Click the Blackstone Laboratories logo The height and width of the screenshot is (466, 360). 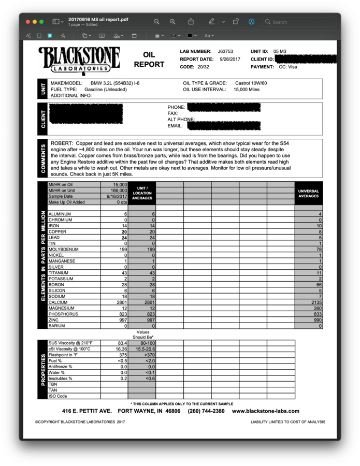(x=79, y=60)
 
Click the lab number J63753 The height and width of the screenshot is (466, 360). (x=225, y=52)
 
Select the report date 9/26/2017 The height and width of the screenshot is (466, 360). (x=229, y=60)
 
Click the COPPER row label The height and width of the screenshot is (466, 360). (x=57, y=231)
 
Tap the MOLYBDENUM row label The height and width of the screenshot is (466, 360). (x=63, y=250)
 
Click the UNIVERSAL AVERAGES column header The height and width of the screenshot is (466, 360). (x=309, y=194)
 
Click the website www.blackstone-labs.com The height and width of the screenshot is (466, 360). (x=266, y=411)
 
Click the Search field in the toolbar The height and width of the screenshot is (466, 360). (x=298, y=22)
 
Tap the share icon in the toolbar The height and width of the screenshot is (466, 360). (x=191, y=22)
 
